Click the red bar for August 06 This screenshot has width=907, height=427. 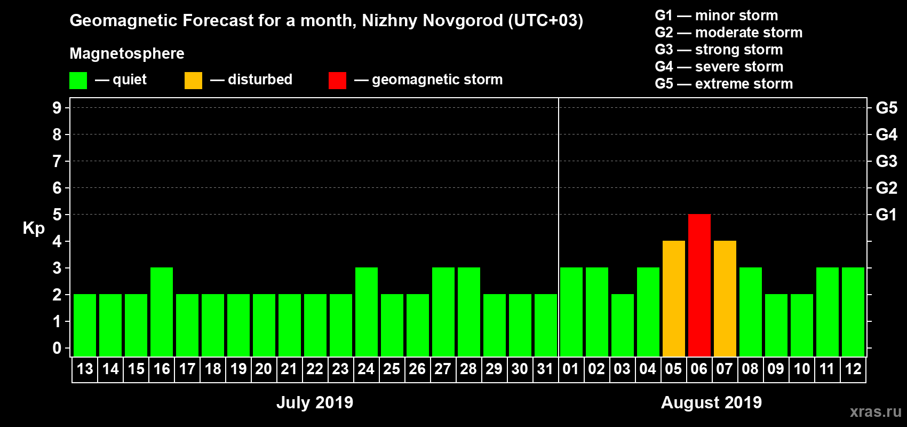point(699,285)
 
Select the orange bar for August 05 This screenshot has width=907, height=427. point(673,298)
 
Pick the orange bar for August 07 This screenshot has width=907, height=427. point(725,298)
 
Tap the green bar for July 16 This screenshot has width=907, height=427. point(162,312)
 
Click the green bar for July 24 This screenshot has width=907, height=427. point(367,312)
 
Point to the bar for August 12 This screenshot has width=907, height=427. point(853,312)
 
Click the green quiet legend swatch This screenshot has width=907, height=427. point(78,81)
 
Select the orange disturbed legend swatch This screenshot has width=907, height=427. point(193,81)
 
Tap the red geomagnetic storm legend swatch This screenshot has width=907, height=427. point(337,81)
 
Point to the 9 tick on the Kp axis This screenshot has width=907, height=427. point(57,108)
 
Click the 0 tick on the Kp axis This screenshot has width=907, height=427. point(57,349)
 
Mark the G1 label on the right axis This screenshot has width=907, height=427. point(886,215)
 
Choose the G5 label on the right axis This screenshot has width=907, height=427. point(886,108)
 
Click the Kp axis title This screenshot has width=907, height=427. point(34,228)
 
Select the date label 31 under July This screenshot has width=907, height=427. point(545,369)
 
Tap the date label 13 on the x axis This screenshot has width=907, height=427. point(85,369)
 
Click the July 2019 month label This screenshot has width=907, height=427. point(315,402)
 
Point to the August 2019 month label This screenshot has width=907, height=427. point(711,402)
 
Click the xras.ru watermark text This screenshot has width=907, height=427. point(876,412)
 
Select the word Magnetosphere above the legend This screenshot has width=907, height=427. point(127,53)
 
